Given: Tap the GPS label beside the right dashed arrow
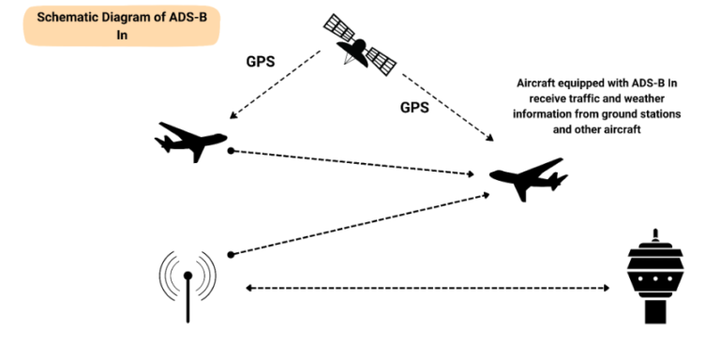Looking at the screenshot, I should coord(414,107).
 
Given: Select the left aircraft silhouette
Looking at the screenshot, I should coord(192,141).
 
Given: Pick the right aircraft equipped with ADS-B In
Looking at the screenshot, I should coord(529,179).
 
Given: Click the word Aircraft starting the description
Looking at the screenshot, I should coord(540,84).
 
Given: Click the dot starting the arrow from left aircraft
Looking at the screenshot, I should coord(230,150).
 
